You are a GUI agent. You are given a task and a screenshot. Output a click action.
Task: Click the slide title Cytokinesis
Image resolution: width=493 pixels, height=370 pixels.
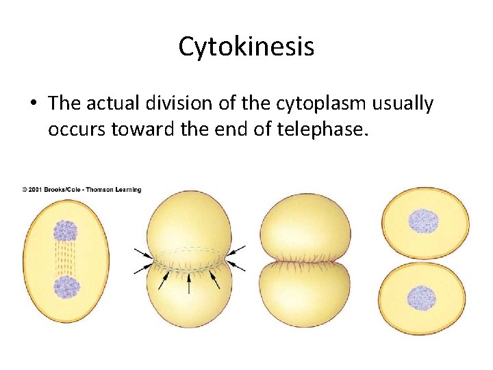tap(246, 47)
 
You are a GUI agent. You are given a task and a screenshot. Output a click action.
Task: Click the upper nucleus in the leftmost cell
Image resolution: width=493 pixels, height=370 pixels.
tap(66, 231)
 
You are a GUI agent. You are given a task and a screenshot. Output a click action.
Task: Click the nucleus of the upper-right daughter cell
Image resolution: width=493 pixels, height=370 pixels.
tap(422, 221)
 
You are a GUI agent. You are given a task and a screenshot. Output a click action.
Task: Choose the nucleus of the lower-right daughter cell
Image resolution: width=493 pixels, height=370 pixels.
tap(422, 298)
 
